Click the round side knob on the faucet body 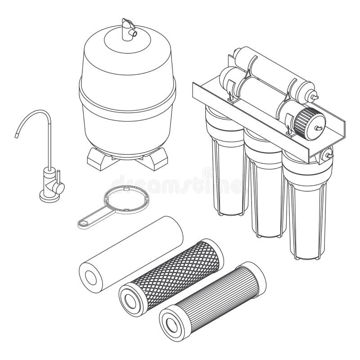(x=59, y=187)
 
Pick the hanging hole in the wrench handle (x=84, y=222)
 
